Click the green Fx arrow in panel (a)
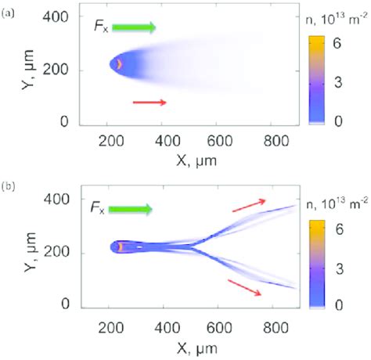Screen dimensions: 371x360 tap(134, 27)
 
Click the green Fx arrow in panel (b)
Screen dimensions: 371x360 tap(130, 209)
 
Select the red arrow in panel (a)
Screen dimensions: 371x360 tap(149, 103)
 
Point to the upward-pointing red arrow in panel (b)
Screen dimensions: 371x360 tap(249, 205)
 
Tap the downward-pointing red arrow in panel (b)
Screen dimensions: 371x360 tap(244, 287)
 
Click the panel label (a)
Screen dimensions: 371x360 tap(8, 13)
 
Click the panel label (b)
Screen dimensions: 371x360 tap(9, 187)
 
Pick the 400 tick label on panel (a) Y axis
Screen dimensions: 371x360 tap(56, 17)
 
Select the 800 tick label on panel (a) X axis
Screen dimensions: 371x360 tap(276, 141)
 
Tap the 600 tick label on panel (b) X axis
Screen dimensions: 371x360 tap(219, 328)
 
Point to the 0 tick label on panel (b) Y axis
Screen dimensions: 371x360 tap(65, 304)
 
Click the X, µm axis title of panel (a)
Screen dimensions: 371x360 tap(196, 160)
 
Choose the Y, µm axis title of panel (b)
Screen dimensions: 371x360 tap(31, 252)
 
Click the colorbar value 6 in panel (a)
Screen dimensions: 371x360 tap(337, 43)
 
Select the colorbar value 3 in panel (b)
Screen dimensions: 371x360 tap(340, 269)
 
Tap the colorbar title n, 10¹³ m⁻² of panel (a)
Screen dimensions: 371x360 tap(337, 20)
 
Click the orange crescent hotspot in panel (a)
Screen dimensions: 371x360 tap(119, 64)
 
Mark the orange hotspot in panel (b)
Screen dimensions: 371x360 tap(121, 247)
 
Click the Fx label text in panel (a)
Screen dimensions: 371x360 tap(101, 27)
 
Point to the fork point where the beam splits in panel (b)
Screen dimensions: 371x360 tap(192, 247)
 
